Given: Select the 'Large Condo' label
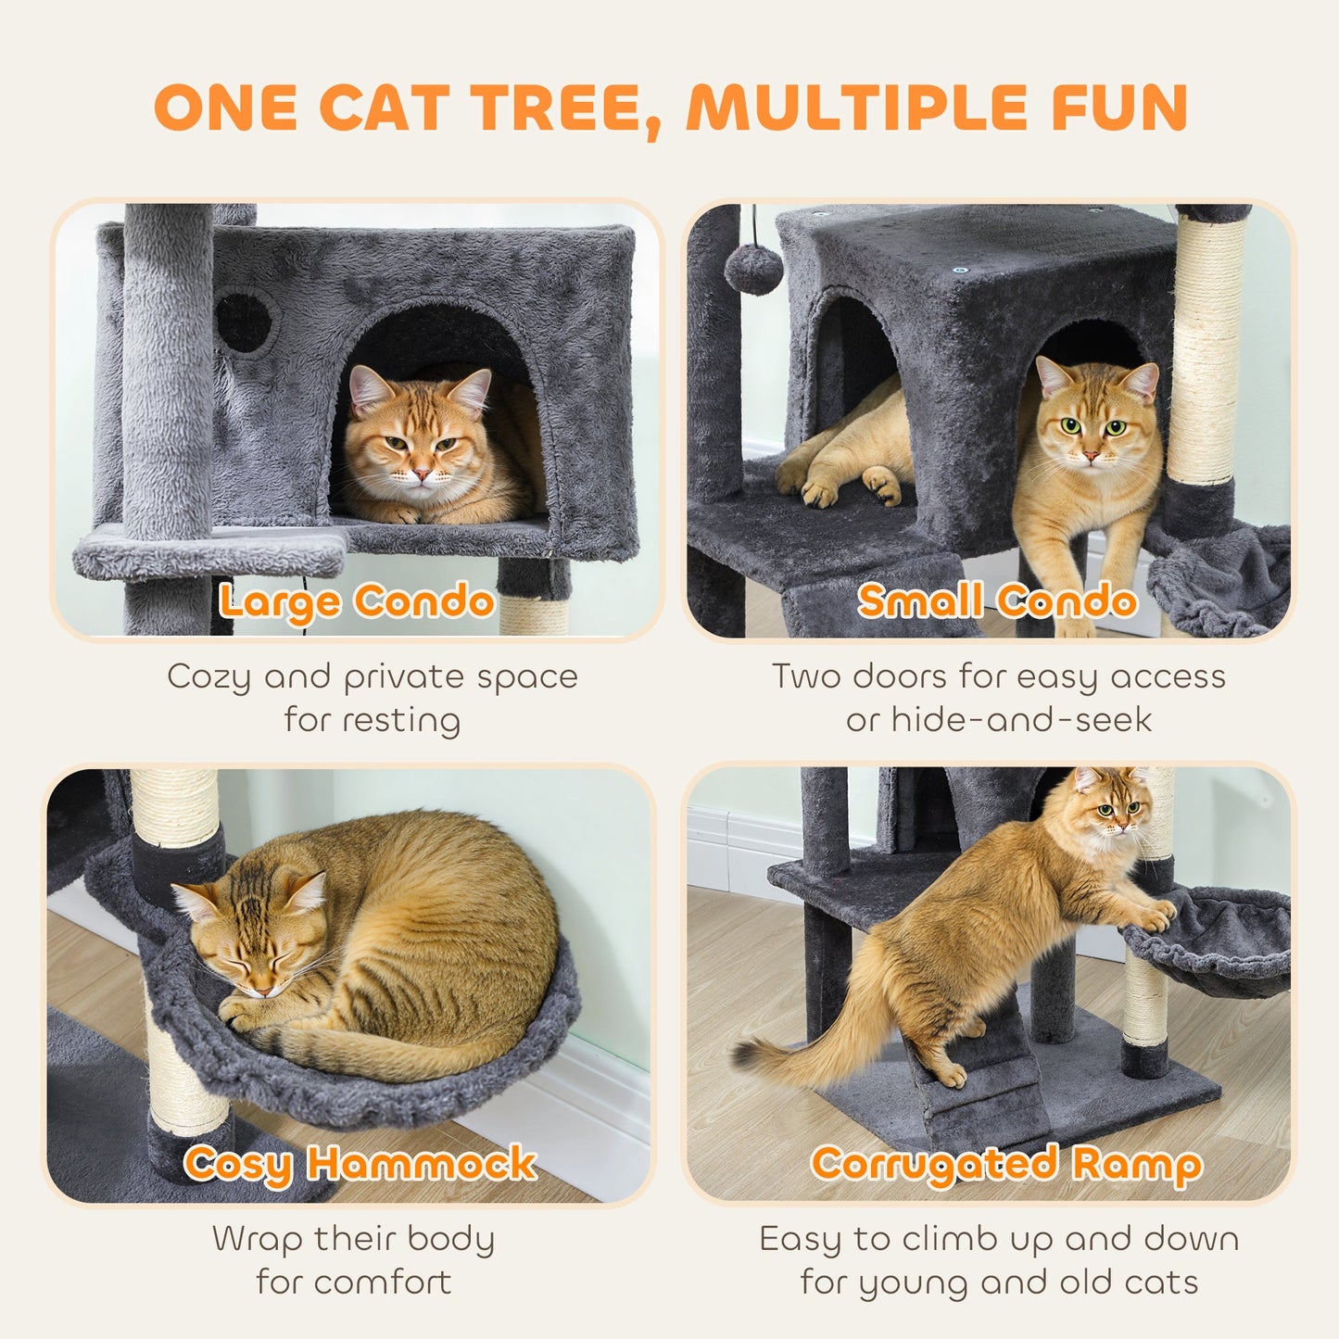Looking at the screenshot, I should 356,601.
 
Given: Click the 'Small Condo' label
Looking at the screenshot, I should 997,601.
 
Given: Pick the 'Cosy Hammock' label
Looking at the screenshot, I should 360,1163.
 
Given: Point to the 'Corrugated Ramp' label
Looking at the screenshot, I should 1006,1165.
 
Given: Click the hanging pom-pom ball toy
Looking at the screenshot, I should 753,268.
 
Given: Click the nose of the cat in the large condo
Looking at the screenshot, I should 422,474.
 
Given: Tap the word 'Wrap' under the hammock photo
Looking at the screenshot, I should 258,1239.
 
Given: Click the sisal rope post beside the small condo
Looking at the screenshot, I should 1206,352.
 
